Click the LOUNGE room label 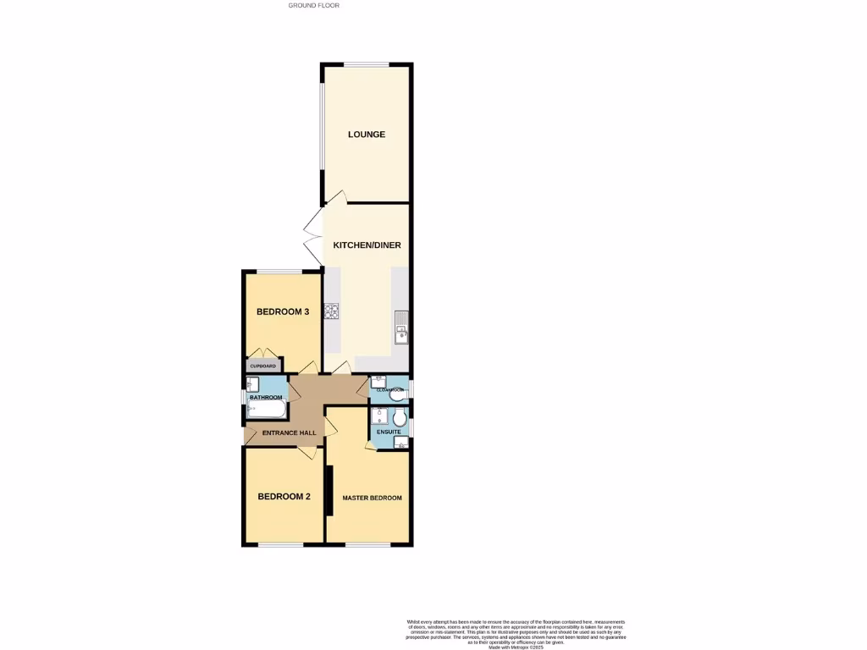(x=367, y=135)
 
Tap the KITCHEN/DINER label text (x=367, y=245)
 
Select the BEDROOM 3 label (x=283, y=311)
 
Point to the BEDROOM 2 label (x=284, y=497)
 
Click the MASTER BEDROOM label (x=372, y=498)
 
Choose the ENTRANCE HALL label (x=289, y=432)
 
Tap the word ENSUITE (x=389, y=432)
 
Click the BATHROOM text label (x=265, y=397)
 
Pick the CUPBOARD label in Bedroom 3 (x=262, y=366)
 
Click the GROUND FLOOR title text (x=313, y=5)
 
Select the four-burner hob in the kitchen (x=332, y=311)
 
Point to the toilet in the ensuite (x=400, y=416)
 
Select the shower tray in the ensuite (x=380, y=417)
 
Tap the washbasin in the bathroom (x=251, y=397)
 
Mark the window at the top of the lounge (x=366, y=64)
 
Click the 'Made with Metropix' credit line (x=516, y=647)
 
